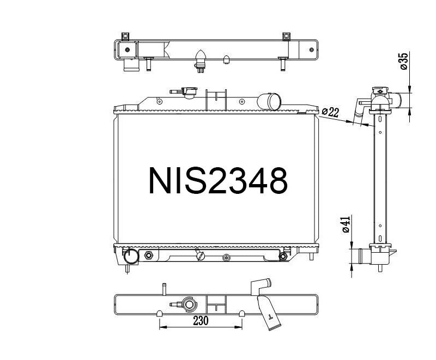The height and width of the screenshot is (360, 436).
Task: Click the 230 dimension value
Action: pyautogui.click(x=201, y=322)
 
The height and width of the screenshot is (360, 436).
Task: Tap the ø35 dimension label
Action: pyautogui.click(x=404, y=62)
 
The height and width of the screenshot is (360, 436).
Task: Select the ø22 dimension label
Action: pyautogui.click(x=330, y=112)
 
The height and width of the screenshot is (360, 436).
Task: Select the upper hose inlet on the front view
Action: pyautogui.click(x=270, y=101)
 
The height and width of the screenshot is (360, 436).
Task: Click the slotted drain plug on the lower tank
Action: pyautogui.click(x=202, y=255)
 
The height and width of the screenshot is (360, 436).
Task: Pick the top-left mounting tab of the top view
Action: pyautogui.click(x=125, y=36)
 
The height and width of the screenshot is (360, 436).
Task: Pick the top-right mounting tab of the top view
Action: pyautogui.click(x=286, y=36)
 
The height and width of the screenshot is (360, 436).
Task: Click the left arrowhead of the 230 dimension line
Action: pyautogui.click(x=161, y=328)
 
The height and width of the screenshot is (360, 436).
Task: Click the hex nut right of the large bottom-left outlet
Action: pyautogui.click(x=148, y=256)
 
